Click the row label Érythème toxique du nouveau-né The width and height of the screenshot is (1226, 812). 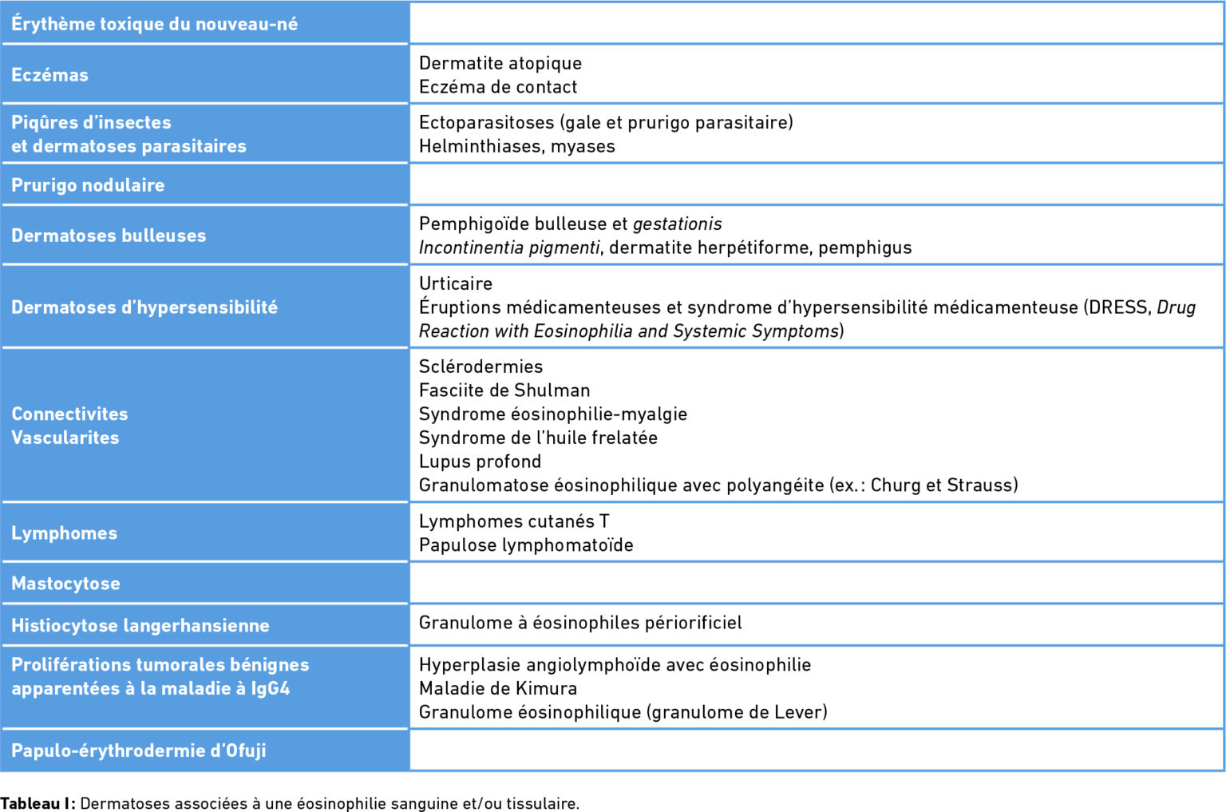click(154, 24)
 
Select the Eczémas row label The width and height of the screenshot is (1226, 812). click(49, 75)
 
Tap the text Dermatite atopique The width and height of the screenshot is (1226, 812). click(500, 63)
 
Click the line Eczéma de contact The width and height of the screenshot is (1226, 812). click(497, 87)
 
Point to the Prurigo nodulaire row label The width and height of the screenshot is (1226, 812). click(88, 185)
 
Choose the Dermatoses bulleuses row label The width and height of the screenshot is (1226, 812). click(109, 236)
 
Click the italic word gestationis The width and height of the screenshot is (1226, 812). click(677, 224)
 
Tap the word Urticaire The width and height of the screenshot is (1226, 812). click(455, 283)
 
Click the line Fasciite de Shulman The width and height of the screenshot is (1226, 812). click(504, 390)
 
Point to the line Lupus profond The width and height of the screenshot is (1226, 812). click(480, 461)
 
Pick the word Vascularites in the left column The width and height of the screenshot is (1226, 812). click(65, 438)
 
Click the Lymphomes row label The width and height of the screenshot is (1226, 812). click(64, 533)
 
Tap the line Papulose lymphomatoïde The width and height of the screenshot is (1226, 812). click(526, 545)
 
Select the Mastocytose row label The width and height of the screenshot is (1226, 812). click(65, 584)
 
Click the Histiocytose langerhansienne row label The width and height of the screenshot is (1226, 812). click(140, 626)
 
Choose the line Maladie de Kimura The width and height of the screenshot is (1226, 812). click(497, 688)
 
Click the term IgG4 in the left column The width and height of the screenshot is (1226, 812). click(270, 688)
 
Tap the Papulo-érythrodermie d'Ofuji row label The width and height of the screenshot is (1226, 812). click(138, 751)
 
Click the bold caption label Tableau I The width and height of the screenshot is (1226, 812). click(37, 803)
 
